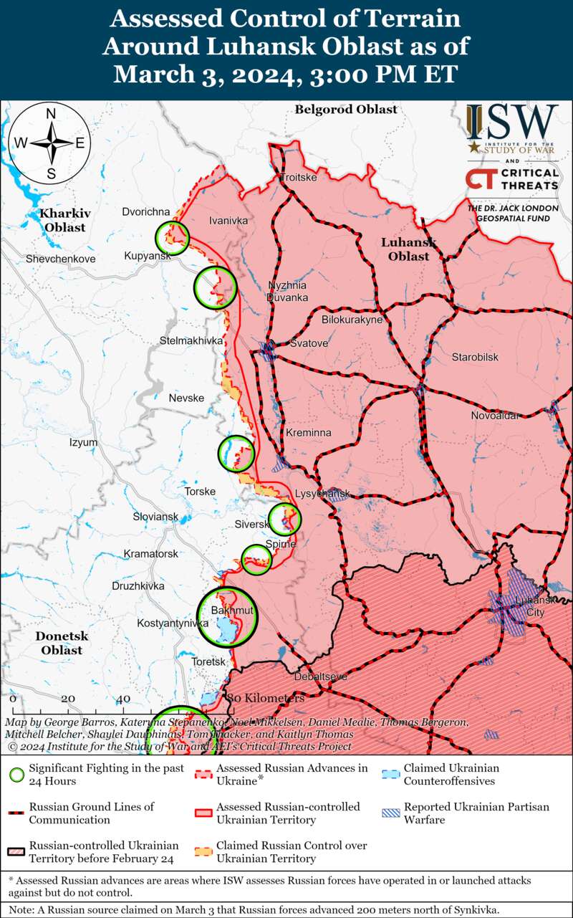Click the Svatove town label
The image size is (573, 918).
(309, 344)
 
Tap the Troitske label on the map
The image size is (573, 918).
(298, 178)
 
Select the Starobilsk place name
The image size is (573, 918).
(475, 357)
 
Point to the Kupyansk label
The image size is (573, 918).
(145, 256)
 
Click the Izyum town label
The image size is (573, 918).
(83, 443)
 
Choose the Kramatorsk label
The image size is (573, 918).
(150, 554)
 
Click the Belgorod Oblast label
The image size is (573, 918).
(345, 110)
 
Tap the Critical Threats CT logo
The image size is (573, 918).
(478, 179)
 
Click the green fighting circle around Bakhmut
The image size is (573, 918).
(227, 617)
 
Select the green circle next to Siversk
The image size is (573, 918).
(284, 519)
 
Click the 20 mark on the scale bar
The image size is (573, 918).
(67, 699)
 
